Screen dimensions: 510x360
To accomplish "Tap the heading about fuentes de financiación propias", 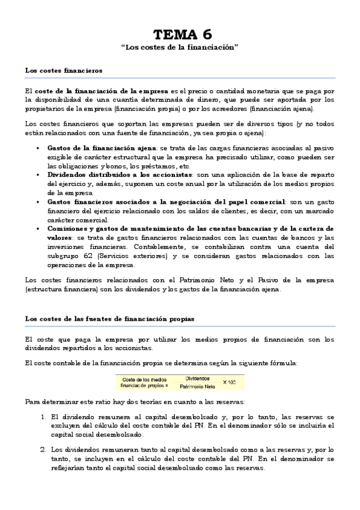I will [x=109, y=318].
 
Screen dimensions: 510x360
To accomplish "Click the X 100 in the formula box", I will [x=230, y=382].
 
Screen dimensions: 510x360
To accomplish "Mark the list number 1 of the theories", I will [x=43, y=416].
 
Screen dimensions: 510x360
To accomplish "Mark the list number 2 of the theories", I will [x=43, y=449].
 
